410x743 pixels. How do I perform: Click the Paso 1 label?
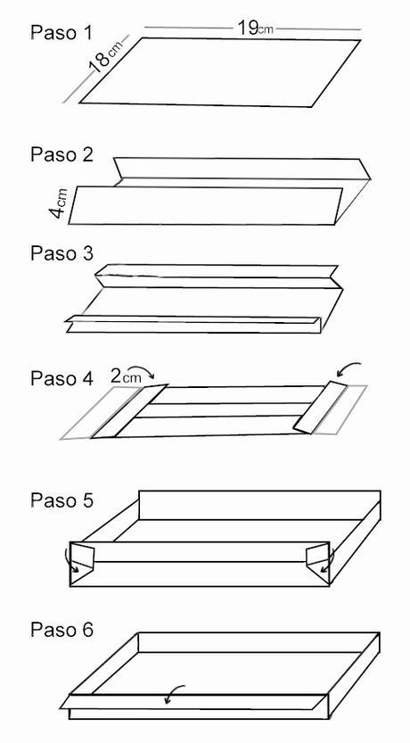61,32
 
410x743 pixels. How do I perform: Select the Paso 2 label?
61,154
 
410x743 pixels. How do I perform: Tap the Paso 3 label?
61,253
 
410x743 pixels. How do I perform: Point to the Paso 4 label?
61,378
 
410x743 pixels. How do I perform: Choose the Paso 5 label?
61,500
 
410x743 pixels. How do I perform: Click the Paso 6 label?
61,630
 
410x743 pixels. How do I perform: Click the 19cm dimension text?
255,28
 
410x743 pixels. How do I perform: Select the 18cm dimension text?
105,56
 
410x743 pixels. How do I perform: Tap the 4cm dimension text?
59,202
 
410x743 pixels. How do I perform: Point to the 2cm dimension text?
126,376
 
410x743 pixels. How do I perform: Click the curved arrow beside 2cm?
142,369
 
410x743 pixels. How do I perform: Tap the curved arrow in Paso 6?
173,693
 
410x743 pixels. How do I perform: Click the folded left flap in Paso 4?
128,411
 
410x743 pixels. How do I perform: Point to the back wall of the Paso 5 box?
259,505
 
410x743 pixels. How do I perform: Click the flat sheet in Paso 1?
220,72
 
